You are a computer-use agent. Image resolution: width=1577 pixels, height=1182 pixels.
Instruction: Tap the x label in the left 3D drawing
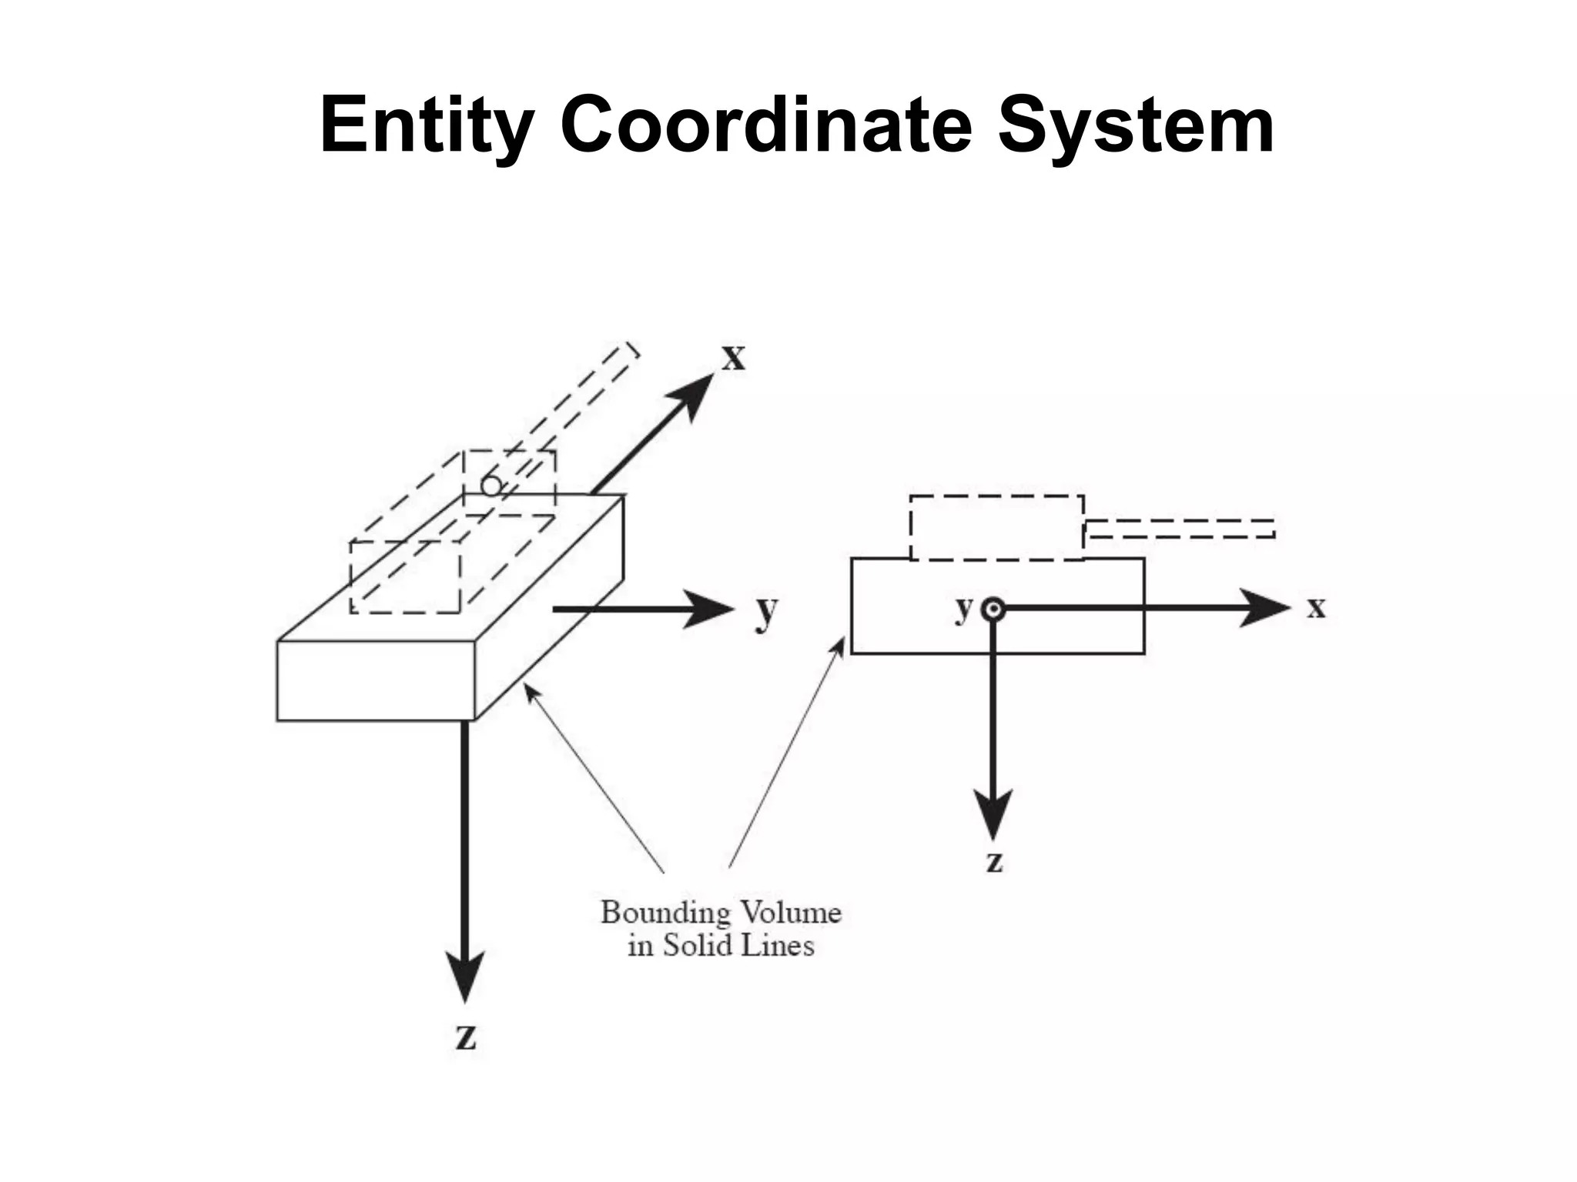click(733, 359)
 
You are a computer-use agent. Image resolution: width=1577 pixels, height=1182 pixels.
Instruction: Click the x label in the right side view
click(1316, 608)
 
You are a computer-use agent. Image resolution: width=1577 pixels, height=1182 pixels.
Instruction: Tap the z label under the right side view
click(994, 862)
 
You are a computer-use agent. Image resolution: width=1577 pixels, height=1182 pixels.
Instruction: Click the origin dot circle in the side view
click(993, 609)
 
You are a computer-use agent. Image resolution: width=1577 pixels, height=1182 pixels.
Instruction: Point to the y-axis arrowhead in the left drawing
click(708, 609)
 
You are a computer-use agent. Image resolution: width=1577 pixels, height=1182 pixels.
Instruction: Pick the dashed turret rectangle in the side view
click(996, 528)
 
